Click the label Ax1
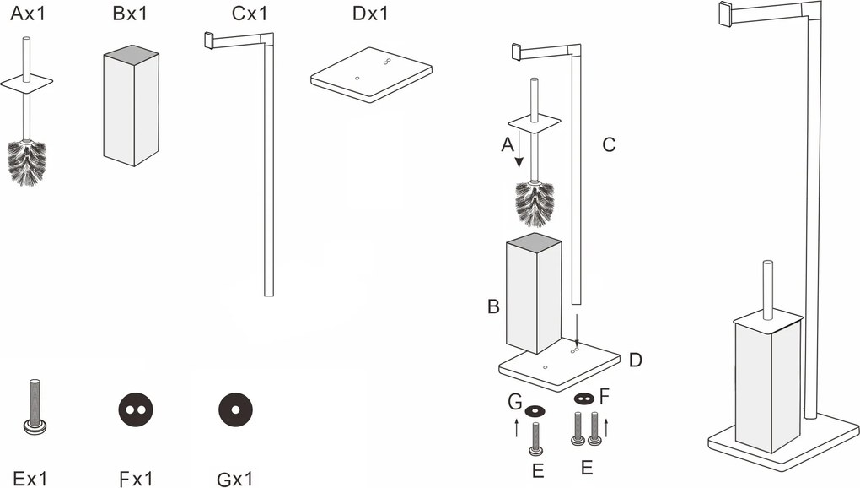(x=29, y=14)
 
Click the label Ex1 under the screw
(x=30, y=480)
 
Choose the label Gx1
(x=234, y=480)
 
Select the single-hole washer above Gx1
(x=235, y=410)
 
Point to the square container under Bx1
(x=131, y=109)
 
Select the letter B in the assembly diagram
(x=493, y=306)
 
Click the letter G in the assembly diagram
(x=514, y=404)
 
